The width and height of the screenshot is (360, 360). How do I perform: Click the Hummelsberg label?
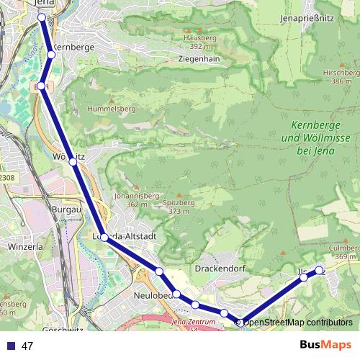tap(111, 108)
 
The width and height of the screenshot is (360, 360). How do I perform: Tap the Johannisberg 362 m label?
tap(132, 199)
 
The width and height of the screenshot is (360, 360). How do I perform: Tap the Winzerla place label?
tap(25, 246)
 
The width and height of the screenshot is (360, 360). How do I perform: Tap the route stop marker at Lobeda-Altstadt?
tap(104, 237)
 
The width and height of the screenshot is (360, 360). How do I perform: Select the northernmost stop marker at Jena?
tap(41, 17)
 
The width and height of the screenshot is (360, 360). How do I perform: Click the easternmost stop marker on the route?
tap(320, 271)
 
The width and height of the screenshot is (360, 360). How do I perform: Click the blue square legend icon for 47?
tap(10, 346)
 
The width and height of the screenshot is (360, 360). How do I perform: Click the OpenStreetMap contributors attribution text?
tap(297, 322)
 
